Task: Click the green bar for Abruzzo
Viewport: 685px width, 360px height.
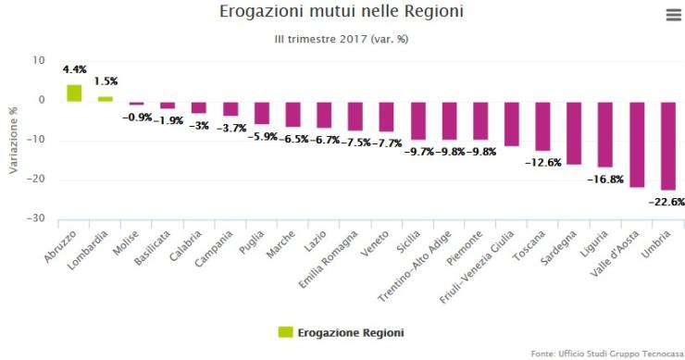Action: click(74, 93)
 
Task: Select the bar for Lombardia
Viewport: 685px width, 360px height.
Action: click(106, 98)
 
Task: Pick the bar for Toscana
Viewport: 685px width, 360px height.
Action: click(542, 126)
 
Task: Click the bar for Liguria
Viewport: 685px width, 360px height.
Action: click(604, 134)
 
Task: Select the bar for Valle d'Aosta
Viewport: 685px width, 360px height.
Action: click(636, 144)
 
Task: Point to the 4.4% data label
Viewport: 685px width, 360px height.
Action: click(74, 68)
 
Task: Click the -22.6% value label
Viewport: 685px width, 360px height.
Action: click(666, 201)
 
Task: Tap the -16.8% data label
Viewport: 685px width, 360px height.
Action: click(604, 179)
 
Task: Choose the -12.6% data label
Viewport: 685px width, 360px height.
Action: click(542, 162)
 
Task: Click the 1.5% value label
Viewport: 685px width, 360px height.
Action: click(106, 81)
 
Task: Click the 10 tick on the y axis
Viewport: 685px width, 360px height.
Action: click(39, 60)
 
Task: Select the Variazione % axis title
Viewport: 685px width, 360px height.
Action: click(13, 139)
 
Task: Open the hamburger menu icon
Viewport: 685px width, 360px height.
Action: click(673, 15)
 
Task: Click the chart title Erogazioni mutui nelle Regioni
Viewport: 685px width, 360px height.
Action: click(342, 13)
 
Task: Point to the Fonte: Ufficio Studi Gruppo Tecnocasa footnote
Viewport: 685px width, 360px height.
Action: click(606, 354)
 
